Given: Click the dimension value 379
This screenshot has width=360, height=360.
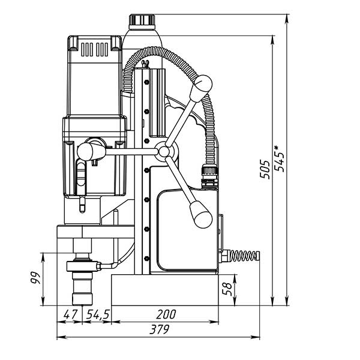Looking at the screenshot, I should click(x=160, y=329).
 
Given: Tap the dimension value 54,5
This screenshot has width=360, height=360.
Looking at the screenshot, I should click(x=97, y=314).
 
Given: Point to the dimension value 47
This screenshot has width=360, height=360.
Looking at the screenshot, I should click(x=71, y=314).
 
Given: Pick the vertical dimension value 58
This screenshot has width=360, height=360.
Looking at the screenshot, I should click(x=227, y=289).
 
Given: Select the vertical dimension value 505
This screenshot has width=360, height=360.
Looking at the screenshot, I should click(x=265, y=170).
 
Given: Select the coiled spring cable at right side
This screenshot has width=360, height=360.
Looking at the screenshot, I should click(x=242, y=256).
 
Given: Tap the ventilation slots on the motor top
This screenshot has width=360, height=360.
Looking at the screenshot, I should click(x=95, y=48).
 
